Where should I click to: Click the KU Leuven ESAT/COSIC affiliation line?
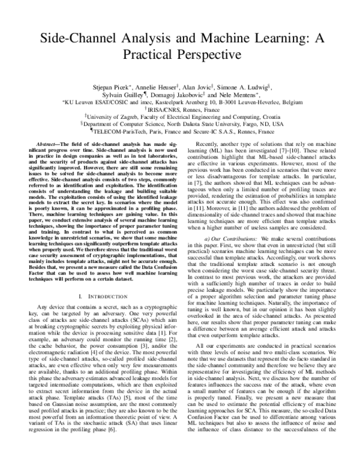click(179, 103)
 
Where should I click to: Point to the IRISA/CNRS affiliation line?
click(181, 111)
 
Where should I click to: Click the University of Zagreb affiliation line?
click(180, 119)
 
